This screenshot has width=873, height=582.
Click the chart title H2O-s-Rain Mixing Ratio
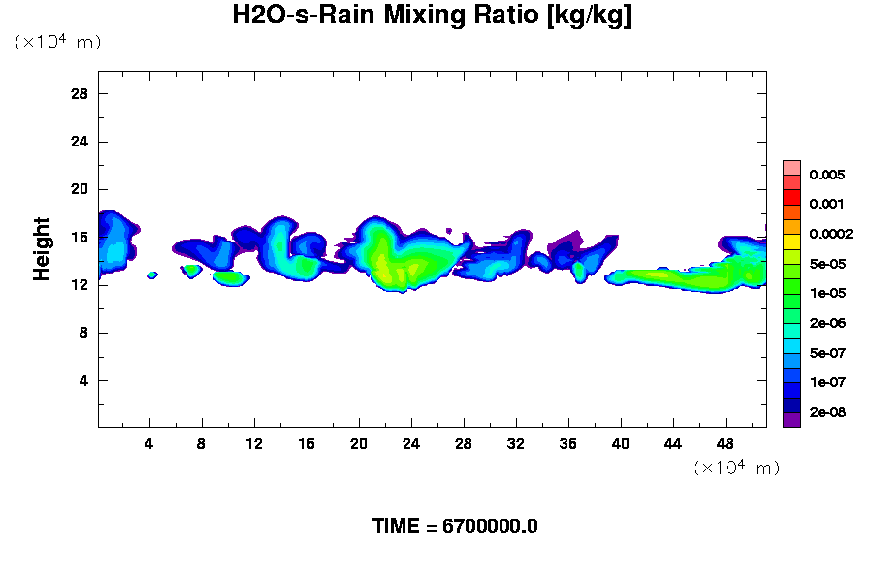432,16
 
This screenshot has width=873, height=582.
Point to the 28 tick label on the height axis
80,94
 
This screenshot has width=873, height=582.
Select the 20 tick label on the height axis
80,189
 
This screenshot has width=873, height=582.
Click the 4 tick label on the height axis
84,380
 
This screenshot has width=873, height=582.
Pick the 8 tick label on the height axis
84,333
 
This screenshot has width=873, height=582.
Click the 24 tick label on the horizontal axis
411,443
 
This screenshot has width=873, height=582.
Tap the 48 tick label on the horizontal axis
726,443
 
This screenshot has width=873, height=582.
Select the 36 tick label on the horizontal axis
568,443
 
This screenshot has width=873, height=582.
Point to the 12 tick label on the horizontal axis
254,443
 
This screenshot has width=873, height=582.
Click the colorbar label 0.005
827,176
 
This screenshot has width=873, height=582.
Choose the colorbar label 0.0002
830,234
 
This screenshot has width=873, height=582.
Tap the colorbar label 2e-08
827,412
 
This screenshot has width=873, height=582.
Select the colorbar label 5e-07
827,353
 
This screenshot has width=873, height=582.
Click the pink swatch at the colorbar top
792,167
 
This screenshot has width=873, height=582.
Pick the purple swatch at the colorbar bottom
792,420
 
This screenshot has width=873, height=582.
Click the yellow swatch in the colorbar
792,241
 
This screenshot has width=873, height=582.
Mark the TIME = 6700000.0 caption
455,527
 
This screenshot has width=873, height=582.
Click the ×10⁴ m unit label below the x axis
736,468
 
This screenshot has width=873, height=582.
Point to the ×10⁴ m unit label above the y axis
57,42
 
